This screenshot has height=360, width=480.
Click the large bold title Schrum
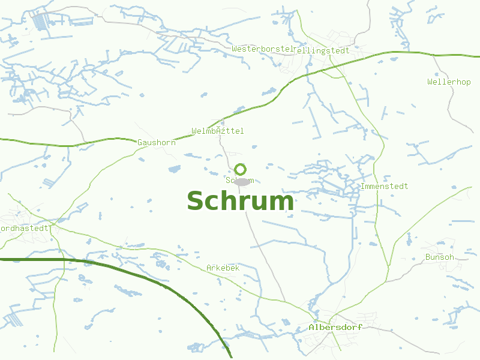pyautogui.click(x=241, y=202)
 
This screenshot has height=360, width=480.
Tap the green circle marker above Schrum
pyautogui.click(x=241, y=169)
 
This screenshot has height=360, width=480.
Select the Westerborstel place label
pyautogui.click(x=262, y=48)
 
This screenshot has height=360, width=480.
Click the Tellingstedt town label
pyautogui.click(x=322, y=50)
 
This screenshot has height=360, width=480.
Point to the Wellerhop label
pyautogui.click(x=449, y=82)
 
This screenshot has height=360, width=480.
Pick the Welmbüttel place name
pyautogui.click(x=218, y=131)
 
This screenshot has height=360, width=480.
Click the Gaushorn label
pyautogui.click(x=157, y=142)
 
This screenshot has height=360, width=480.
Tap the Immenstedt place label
pyautogui.click(x=384, y=186)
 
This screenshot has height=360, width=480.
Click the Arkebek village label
pyautogui.click(x=223, y=268)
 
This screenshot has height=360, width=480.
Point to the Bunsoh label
pyautogui.click(x=440, y=257)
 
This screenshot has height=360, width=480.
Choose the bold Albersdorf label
pyautogui.click(x=335, y=328)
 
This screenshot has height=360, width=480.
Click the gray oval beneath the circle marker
pyautogui.click(x=242, y=181)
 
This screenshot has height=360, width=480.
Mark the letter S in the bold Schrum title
pyautogui.click(x=196, y=202)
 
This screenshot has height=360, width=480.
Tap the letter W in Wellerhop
pyautogui.click(x=430, y=82)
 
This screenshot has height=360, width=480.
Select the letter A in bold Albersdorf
pyautogui.click(x=311, y=328)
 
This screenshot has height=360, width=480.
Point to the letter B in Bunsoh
pyautogui.click(x=428, y=257)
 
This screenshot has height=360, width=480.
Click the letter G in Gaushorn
pyautogui.click(x=140, y=142)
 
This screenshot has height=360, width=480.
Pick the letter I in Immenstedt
pyautogui.click(x=363, y=186)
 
